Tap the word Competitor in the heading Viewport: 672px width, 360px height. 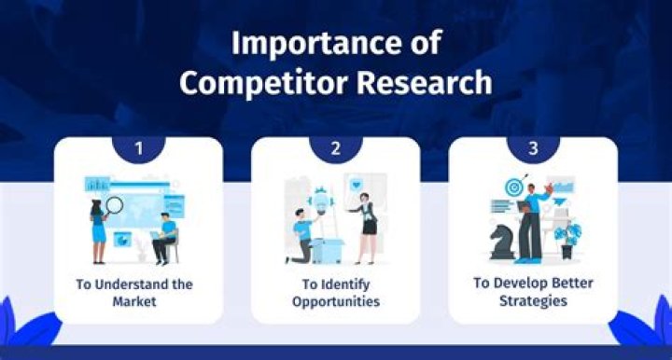click(x=251, y=82)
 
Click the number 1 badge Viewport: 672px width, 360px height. click(x=138, y=146)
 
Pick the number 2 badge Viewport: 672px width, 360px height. click(x=335, y=146)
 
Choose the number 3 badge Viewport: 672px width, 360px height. click(x=532, y=146)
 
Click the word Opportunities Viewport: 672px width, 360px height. click(x=335, y=301)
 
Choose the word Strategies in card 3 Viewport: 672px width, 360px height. click(x=532, y=301)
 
